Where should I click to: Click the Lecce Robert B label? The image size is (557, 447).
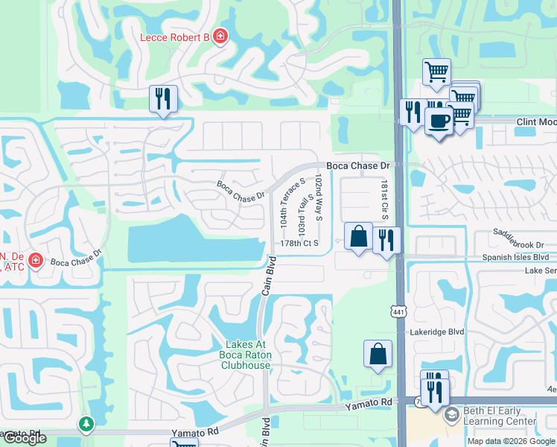pos(176,37)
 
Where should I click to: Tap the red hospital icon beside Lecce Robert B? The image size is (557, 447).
pos(220,36)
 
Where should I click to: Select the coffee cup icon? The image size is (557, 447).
pos(439,121)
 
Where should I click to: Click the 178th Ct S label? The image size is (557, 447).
pos(299,243)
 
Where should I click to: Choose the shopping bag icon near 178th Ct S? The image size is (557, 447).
pos(358,236)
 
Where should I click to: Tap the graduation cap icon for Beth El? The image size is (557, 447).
pos(451,415)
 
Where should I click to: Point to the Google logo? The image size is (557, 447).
pos(24,439)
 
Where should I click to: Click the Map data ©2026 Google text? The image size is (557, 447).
pos(510,441)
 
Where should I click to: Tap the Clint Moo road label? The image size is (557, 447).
pos(536,121)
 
